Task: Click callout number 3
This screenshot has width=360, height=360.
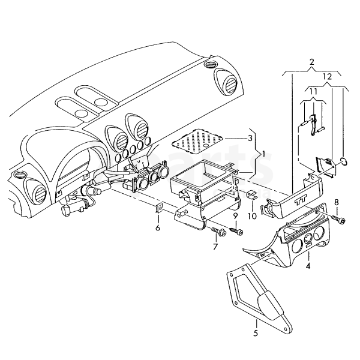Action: point(250,139)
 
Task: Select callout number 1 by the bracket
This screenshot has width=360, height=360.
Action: point(263,154)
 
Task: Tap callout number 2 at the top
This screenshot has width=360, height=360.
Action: point(311,62)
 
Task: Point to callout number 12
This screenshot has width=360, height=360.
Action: point(327,77)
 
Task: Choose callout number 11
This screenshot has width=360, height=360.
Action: point(313,92)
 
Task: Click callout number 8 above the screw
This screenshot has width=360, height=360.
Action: point(337,203)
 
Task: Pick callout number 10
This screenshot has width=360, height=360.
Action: point(252,216)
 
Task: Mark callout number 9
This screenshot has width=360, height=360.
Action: point(235,216)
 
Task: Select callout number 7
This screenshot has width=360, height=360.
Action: point(215,247)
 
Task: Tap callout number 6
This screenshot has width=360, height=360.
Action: point(158,228)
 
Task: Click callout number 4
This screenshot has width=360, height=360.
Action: point(308,266)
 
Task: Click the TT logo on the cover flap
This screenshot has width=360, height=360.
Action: point(301,202)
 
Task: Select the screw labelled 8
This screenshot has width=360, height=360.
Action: point(338,219)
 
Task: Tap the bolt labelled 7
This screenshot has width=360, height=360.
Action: point(219,232)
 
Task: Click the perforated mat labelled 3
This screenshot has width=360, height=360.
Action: point(197,140)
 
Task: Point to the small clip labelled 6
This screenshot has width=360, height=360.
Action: point(159,208)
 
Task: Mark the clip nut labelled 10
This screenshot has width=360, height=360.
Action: point(253,195)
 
